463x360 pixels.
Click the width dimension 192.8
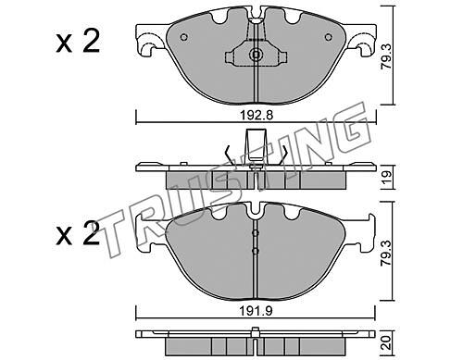257,116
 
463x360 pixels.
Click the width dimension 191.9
257,312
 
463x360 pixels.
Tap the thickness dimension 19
386,177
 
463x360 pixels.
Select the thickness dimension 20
386,342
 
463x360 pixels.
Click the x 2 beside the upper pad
78,42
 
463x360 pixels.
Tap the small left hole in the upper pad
183,37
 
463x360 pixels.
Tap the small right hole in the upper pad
329,37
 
